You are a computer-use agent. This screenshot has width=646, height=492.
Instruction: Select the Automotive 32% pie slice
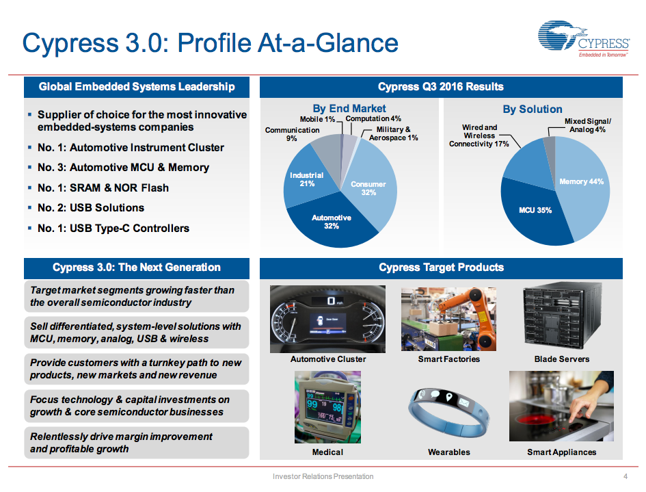tap(332, 222)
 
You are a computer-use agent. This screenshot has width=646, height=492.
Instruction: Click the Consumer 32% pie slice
tap(368, 187)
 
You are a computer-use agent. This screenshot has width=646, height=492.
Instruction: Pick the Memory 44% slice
tap(581, 182)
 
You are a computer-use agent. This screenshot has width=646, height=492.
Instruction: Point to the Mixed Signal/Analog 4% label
tap(587, 125)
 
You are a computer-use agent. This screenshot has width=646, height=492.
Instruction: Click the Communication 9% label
tap(292, 133)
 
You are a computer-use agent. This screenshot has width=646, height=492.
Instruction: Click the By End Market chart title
tap(349, 108)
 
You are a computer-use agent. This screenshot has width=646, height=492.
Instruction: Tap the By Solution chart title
tap(533, 109)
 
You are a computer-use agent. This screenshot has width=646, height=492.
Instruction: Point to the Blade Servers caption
tap(561, 359)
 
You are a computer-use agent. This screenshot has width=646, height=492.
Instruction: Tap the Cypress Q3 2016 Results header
tap(440, 87)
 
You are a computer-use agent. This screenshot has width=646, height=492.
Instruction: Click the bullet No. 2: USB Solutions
tap(91, 207)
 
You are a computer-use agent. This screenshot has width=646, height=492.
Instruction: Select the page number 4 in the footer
tap(625, 476)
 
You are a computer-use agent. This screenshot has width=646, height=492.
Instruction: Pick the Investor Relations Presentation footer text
tap(323, 476)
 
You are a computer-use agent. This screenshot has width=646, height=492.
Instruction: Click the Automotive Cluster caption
tap(328, 359)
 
